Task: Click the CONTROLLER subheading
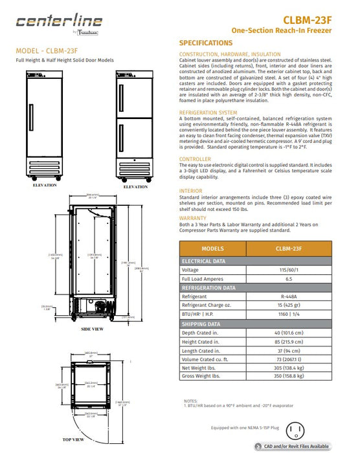194,159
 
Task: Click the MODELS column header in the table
213,249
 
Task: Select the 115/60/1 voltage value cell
289,270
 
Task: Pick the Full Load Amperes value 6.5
289,279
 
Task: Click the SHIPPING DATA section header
201,324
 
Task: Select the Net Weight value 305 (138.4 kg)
289,366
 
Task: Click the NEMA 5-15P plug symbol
297,430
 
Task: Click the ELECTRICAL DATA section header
204,261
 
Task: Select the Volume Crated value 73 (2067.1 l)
289,357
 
